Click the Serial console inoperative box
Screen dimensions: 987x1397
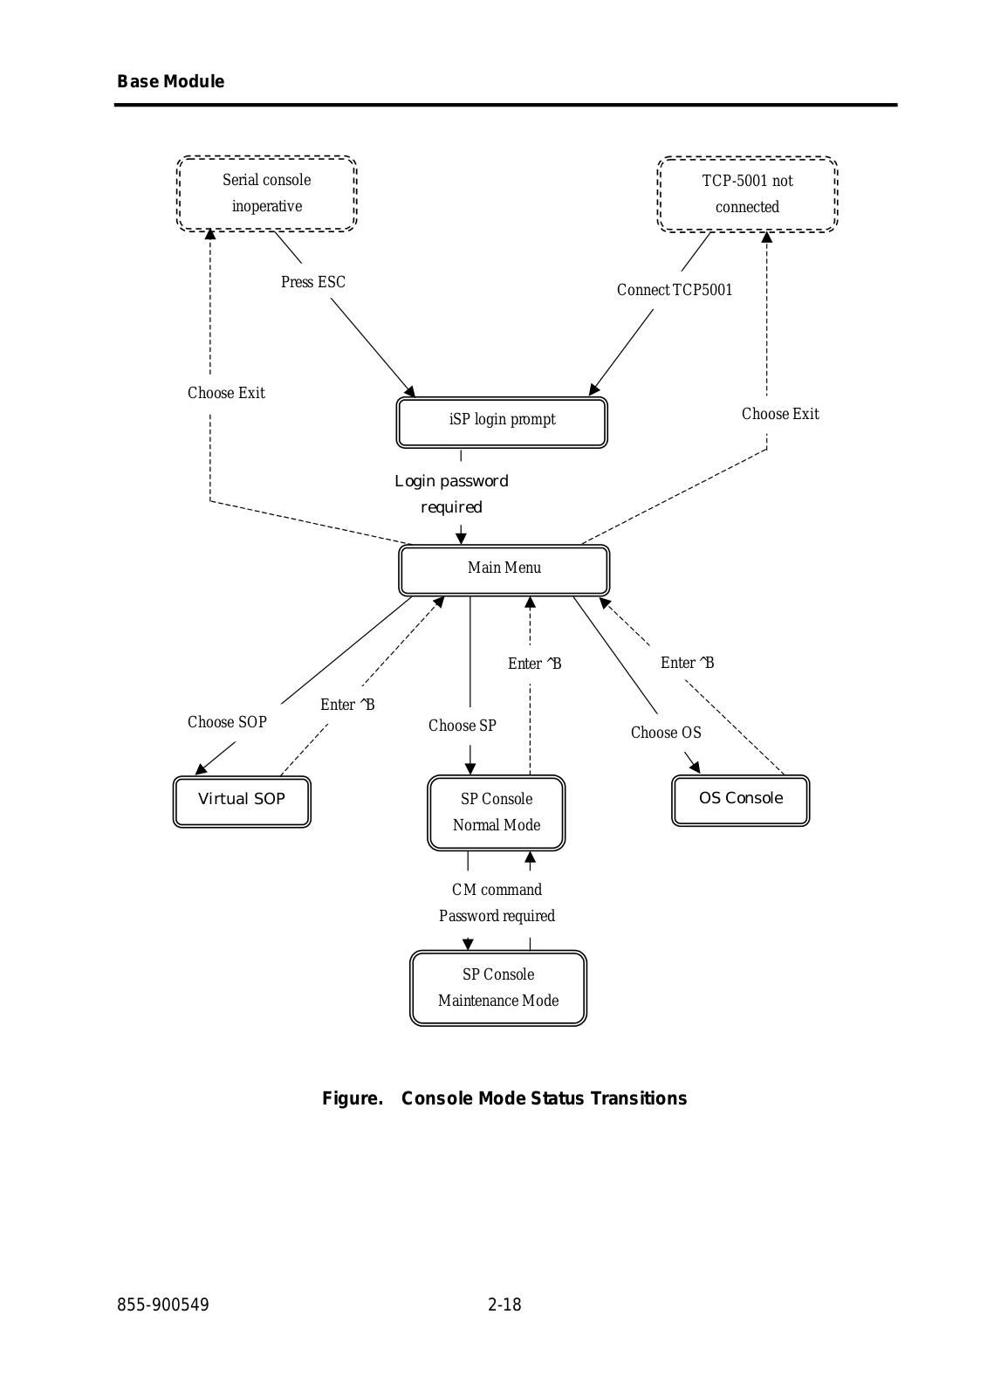[267, 193]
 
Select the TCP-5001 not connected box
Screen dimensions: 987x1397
[747, 194]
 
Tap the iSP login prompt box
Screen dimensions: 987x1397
[502, 423]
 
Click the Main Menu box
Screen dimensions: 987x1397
[504, 570]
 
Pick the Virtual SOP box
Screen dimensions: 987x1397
[242, 802]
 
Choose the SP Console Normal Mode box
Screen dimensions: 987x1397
[497, 813]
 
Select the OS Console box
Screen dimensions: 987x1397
[741, 801]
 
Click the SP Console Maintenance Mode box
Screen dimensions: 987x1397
[498, 988]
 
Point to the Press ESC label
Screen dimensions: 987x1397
[313, 282]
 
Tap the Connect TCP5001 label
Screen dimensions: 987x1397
[675, 290]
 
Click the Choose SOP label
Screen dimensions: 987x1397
[227, 722]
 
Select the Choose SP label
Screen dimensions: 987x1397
[462, 726]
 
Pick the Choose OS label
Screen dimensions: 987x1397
[666, 733]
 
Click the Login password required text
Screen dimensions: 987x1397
[451, 494]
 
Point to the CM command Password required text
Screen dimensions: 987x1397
[497, 903]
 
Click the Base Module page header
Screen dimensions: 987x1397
[171, 82]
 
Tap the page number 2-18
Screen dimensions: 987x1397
[504, 1304]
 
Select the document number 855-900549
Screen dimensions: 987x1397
[163, 1304]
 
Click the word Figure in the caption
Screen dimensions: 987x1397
[353, 1098]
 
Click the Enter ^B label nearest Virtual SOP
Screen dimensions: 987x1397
[347, 705]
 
